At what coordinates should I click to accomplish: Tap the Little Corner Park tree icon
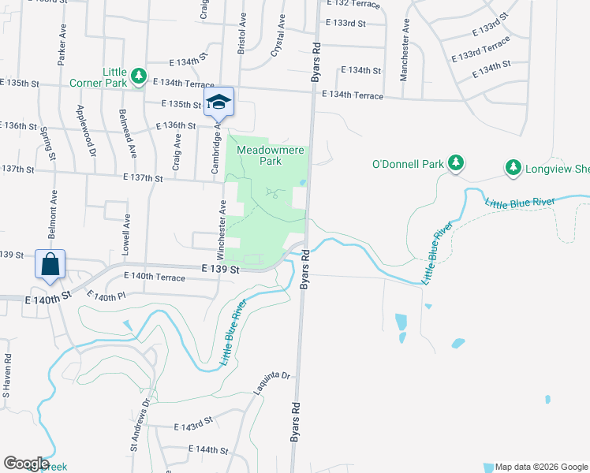pos(140,76)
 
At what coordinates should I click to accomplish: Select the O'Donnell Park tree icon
pos(455,163)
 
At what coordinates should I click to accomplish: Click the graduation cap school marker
pos(218,102)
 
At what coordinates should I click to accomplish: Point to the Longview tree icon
pos(513,167)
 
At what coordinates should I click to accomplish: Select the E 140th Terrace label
pos(155,277)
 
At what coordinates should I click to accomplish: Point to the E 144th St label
pos(208,450)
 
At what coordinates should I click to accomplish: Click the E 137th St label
pos(143,179)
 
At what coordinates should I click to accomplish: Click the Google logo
pos(25,464)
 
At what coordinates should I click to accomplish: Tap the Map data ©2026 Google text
pos(540,466)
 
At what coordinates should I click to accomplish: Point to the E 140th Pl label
pos(105,296)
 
